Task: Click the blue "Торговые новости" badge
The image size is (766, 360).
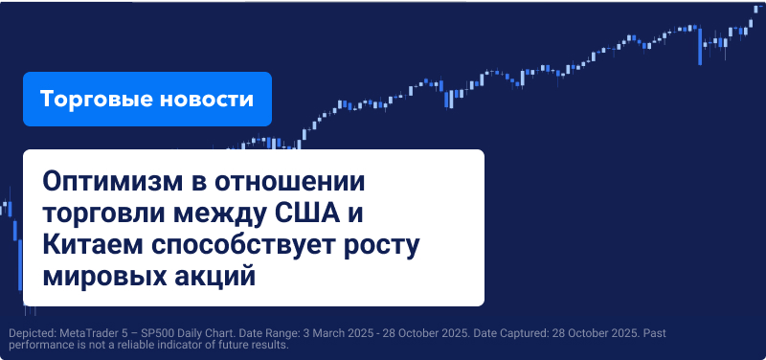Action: [147, 100]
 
